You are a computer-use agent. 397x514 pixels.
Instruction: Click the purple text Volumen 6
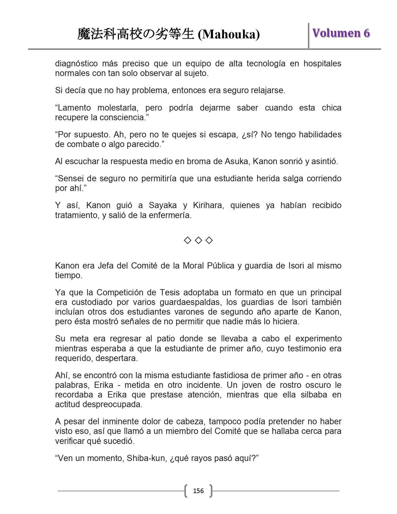pyautogui.click(x=341, y=33)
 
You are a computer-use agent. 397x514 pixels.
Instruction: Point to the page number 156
pyautogui.click(x=198, y=491)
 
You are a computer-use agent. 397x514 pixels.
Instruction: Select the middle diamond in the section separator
pyautogui.click(x=198, y=240)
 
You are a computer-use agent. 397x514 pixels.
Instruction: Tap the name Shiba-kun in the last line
pyautogui.click(x=146, y=458)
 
